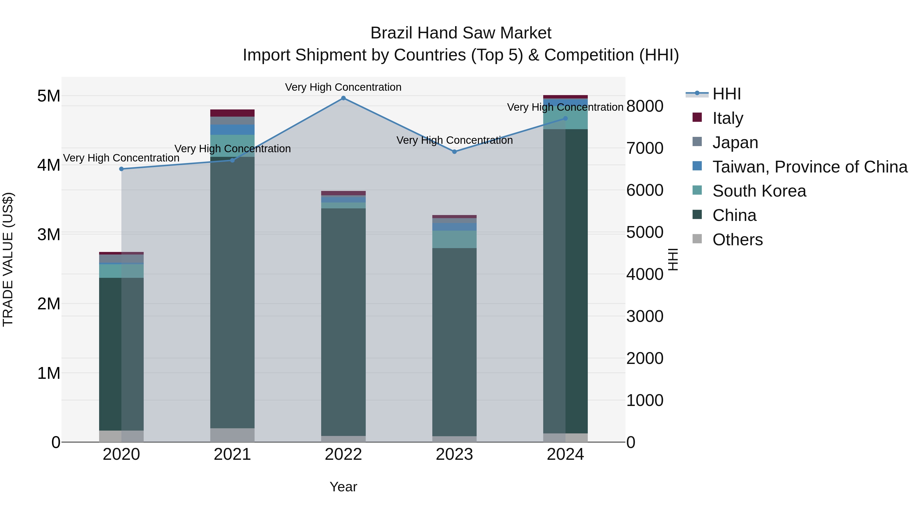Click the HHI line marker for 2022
coord(343,98)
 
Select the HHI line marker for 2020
coord(121,169)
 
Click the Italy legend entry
coord(727,118)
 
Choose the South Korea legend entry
coord(759,191)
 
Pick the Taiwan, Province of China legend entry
coord(810,167)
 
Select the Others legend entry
coord(737,240)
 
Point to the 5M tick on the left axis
coord(49,96)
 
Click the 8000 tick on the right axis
coord(645,106)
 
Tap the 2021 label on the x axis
coord(232,454)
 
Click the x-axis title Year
coord(343,487)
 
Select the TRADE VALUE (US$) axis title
coord(8,259)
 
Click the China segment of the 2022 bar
coord(343,322)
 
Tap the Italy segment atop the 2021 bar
coord(232,113)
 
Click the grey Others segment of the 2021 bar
coord(232,435)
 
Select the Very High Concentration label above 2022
coord(343,87)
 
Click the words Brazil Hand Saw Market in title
coord(461,33)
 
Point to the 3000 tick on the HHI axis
coord(645,316)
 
